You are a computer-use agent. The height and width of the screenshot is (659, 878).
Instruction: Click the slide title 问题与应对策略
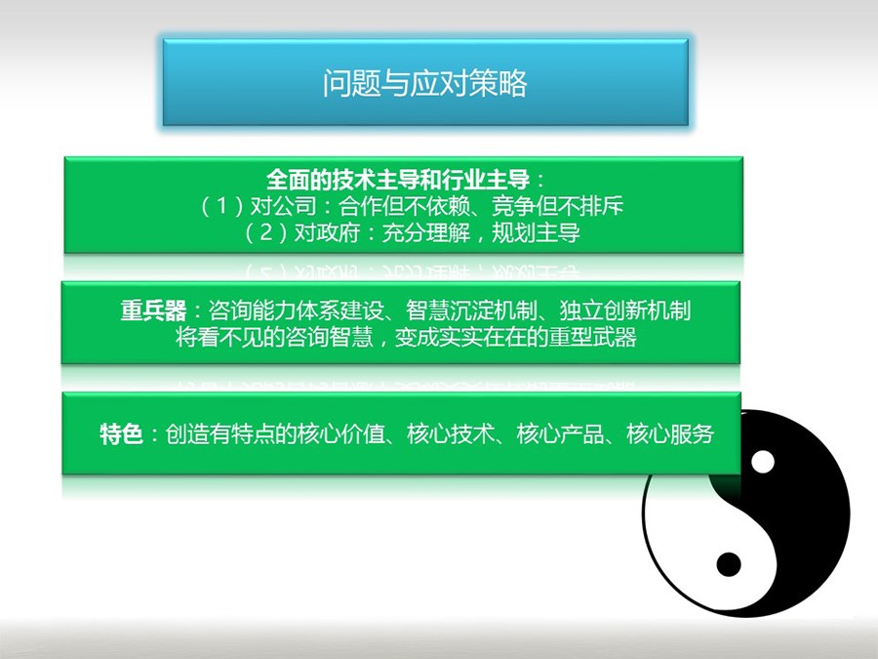pos(424,83)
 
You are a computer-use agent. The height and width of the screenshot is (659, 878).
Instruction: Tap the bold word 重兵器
pos(153,310)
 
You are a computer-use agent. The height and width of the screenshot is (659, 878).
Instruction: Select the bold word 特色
pos(121,433)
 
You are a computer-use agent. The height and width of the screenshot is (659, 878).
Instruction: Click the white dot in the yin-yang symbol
pos(762,463)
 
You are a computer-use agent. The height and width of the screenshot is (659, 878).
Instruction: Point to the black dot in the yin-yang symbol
pos(729,563)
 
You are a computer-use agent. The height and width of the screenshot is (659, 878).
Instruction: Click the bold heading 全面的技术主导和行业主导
pos(398,180)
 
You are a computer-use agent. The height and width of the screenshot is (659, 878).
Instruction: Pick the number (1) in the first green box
pos(221,206)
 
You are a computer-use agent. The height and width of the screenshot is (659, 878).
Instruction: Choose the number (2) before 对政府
pos(266,232)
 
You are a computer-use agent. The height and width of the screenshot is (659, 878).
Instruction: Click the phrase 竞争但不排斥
pos(557,206)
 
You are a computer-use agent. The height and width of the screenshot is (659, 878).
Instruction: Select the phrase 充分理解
pos(425,232)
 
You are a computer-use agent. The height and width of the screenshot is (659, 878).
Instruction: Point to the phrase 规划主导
pos(536,232)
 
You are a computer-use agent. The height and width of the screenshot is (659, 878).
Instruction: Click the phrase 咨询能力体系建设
pos(296,310)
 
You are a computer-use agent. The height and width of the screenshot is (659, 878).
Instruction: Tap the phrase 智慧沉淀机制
pos(471,310)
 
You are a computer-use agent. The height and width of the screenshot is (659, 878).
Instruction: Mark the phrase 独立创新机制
pos(624,310)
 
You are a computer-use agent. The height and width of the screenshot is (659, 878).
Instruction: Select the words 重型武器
pos(592,337)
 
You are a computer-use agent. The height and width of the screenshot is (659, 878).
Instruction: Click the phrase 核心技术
pos(451,433)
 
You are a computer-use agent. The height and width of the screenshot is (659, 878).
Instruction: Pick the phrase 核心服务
pos(670,433)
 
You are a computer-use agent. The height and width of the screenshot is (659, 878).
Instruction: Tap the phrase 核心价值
pos(341,433)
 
